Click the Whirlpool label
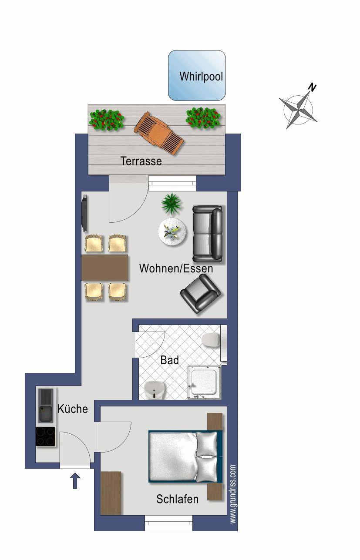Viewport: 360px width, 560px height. pyautogui.click(x=201, y=76)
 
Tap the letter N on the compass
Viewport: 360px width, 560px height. pyautogui.click(x=312, y=87)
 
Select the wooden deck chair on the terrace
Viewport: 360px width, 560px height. pyautogui.click(x=159, y=133)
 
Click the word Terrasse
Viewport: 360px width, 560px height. pyautogui.click(x=141, y=161)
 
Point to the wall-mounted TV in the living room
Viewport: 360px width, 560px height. pyautogui.click(x=85, y=213)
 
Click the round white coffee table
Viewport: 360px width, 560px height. pyautogui.click(x=172, y=231)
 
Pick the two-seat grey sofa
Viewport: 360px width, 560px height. pyautogui.click(x=207, y=234)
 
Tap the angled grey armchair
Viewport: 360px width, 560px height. pyautogui.click(x=200, y=294)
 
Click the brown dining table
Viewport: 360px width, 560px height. pyautogui.click(x=105, y=268)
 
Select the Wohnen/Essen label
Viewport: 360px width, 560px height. pyautogui.click(x=176, y=268)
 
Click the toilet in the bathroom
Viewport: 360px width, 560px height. pyautogui.click(x=211, y=340)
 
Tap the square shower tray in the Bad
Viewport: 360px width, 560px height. pyautogui.click(x=205, y=382)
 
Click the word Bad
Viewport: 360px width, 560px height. pyautogui.click(x=170, y=360)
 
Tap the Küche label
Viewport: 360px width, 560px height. pyautogui.click(x=73, y=409)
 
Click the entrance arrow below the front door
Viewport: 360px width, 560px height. pyautogui.click(x=75, y=481)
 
